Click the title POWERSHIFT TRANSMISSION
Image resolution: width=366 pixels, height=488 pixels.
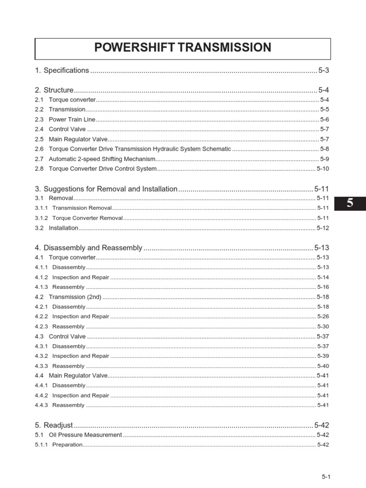(183, 48)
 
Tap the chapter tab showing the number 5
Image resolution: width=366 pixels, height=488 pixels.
(350, 203)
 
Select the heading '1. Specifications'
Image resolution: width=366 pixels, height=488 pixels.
(62, 71)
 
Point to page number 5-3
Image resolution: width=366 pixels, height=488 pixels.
(324, 71)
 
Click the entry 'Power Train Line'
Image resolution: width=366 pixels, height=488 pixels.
(72, 120)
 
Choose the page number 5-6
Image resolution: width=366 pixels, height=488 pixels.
(325, 120)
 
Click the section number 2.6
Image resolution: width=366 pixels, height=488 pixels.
(39, 149)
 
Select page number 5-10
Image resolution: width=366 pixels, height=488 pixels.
(323, 169)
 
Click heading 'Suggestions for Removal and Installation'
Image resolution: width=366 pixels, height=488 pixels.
(110, 189)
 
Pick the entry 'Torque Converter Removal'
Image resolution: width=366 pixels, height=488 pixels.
(87, 218)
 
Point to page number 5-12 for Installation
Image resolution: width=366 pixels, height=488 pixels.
(323, 228)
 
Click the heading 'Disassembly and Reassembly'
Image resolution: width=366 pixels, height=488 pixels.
(92, 248)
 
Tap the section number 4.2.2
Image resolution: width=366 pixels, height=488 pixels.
(41, 316)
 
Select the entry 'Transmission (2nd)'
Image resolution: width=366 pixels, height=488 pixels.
(75, 297)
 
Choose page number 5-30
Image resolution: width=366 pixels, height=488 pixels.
(323, 327)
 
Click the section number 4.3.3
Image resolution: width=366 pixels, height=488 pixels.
(41, 366)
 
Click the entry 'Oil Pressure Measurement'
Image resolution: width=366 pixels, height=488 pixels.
(85, 435)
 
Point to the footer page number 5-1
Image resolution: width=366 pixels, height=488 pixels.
(326, 477)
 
